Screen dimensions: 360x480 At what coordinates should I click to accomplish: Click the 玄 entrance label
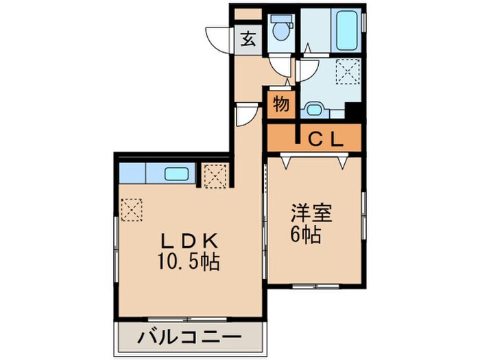click(x=248, y=38)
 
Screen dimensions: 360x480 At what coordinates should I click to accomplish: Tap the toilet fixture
click(x=279, y=27)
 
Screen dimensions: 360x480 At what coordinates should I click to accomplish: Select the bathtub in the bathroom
click(x=347, y=29)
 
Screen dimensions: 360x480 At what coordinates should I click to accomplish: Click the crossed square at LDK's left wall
click(x=130, y=207)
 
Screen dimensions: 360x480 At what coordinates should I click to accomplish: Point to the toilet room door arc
click(x=281, y=67)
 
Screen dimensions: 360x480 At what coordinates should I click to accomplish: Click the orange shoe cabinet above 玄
click(x=248, y=14)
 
